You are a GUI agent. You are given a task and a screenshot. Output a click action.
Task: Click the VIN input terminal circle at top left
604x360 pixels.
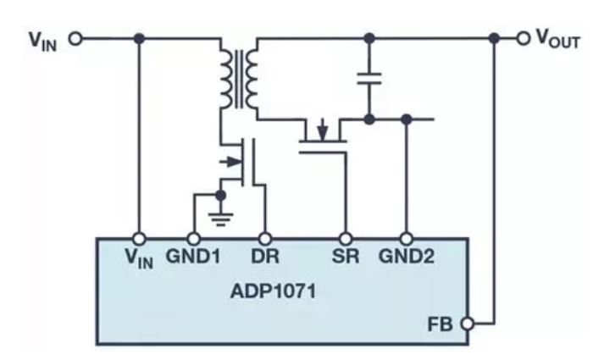click(75, 38)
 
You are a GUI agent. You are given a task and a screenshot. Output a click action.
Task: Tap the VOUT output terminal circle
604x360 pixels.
click(524, 38)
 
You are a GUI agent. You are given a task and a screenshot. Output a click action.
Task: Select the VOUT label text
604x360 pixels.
click(558, 39)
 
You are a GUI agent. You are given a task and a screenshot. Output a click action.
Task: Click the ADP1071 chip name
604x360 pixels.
click(273, 291)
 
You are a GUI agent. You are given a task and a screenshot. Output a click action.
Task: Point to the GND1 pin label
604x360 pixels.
click(193, 256)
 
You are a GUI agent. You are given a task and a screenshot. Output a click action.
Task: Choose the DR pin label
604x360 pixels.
click(265, 256)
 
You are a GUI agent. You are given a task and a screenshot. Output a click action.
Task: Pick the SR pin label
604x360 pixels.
click(346, 256)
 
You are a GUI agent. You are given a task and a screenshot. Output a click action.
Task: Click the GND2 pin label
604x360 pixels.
click(407, 256)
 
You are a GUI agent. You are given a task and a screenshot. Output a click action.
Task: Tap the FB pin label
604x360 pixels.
click(441, 324)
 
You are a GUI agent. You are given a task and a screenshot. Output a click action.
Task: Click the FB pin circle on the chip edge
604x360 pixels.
click(468, 324)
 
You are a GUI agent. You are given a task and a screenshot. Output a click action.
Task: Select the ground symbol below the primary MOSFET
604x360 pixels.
click(220, 219)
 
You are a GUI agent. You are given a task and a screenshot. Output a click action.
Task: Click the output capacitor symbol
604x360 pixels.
click(369, 78)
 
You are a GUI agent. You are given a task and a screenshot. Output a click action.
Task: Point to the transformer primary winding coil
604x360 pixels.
click(226, 79)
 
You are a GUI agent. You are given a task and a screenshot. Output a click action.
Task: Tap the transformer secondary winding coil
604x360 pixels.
click(252, 79)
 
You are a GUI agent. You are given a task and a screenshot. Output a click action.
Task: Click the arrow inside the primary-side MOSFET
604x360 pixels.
click(230, 162)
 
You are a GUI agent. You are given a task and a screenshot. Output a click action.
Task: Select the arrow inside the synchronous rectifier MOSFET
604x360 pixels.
click(323, 130)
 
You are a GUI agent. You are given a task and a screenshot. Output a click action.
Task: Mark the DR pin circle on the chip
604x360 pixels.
click(265, 239)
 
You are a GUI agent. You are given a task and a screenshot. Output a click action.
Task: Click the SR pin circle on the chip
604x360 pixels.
click(346, 239)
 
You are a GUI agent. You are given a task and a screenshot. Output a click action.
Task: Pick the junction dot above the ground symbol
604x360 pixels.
click(220, 196)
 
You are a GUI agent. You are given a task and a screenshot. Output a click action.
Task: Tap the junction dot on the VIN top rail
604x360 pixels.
click(139, 38)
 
